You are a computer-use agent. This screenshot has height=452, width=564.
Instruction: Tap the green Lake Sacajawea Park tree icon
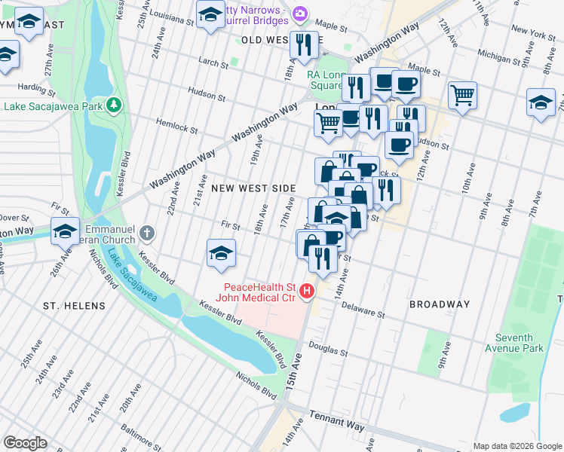coord(114,104)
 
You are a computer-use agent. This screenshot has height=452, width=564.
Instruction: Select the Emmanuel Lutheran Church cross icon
coord(147,233)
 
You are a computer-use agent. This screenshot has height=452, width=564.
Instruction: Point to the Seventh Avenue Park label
coord(520,343)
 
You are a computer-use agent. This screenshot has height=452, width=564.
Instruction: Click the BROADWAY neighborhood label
coord(440,304)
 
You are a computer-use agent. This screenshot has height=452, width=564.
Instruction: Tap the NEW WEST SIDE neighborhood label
coord(253,187)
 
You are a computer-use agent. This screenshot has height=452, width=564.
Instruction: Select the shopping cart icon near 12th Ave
coord(462,95)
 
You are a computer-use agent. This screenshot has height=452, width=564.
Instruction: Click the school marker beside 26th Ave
coord(66,231)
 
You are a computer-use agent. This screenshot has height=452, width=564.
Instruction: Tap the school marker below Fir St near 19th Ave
coord(220,253)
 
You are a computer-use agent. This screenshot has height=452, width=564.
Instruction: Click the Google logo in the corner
coord(26,443)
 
